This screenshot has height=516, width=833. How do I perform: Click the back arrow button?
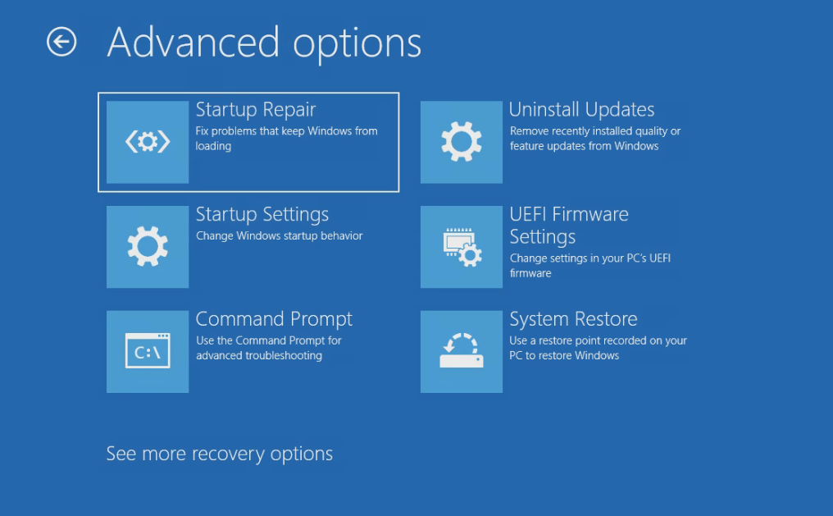pos(61,42)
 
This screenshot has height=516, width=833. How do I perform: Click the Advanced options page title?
pos(264,43)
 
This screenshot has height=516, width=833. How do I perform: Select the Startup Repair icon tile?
pos(148,142)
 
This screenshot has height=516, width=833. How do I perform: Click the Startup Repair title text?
pos(256,110)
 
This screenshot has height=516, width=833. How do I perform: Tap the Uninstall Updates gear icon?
pos(461,142)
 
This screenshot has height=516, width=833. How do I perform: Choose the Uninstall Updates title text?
pos(582,109)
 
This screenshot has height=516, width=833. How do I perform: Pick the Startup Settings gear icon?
pos(148,247)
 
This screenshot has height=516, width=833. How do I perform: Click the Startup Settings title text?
pos(262,215)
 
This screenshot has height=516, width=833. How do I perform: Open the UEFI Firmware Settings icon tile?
pos(461,247)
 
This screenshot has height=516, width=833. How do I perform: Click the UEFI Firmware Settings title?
pos(569,226)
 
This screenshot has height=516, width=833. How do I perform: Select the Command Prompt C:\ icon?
pos(148,351)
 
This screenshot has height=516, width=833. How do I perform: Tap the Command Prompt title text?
pos(274,319)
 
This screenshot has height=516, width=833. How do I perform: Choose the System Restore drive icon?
pos(462,351)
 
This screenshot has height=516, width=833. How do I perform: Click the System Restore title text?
pos(573,319)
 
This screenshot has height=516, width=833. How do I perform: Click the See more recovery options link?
pos(220,454)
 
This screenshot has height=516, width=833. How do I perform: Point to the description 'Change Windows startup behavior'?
pos(280,235)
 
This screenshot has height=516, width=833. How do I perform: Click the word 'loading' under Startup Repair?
pos(213,146)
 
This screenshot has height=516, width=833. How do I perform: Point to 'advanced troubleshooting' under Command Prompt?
pos(259,355)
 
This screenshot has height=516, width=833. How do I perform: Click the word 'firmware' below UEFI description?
pos(530,273)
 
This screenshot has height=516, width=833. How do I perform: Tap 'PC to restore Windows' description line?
pos(564,355)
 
